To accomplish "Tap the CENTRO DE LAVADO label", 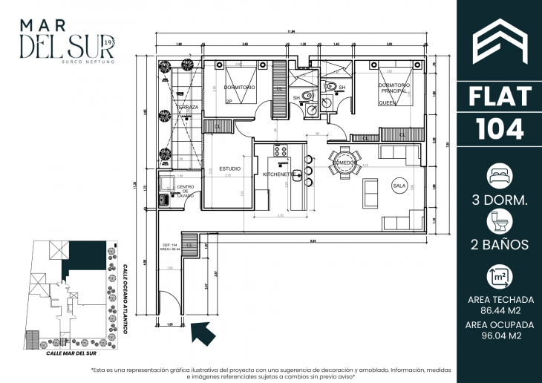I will pos(185,191).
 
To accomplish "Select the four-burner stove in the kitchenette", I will pos(281,151).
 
